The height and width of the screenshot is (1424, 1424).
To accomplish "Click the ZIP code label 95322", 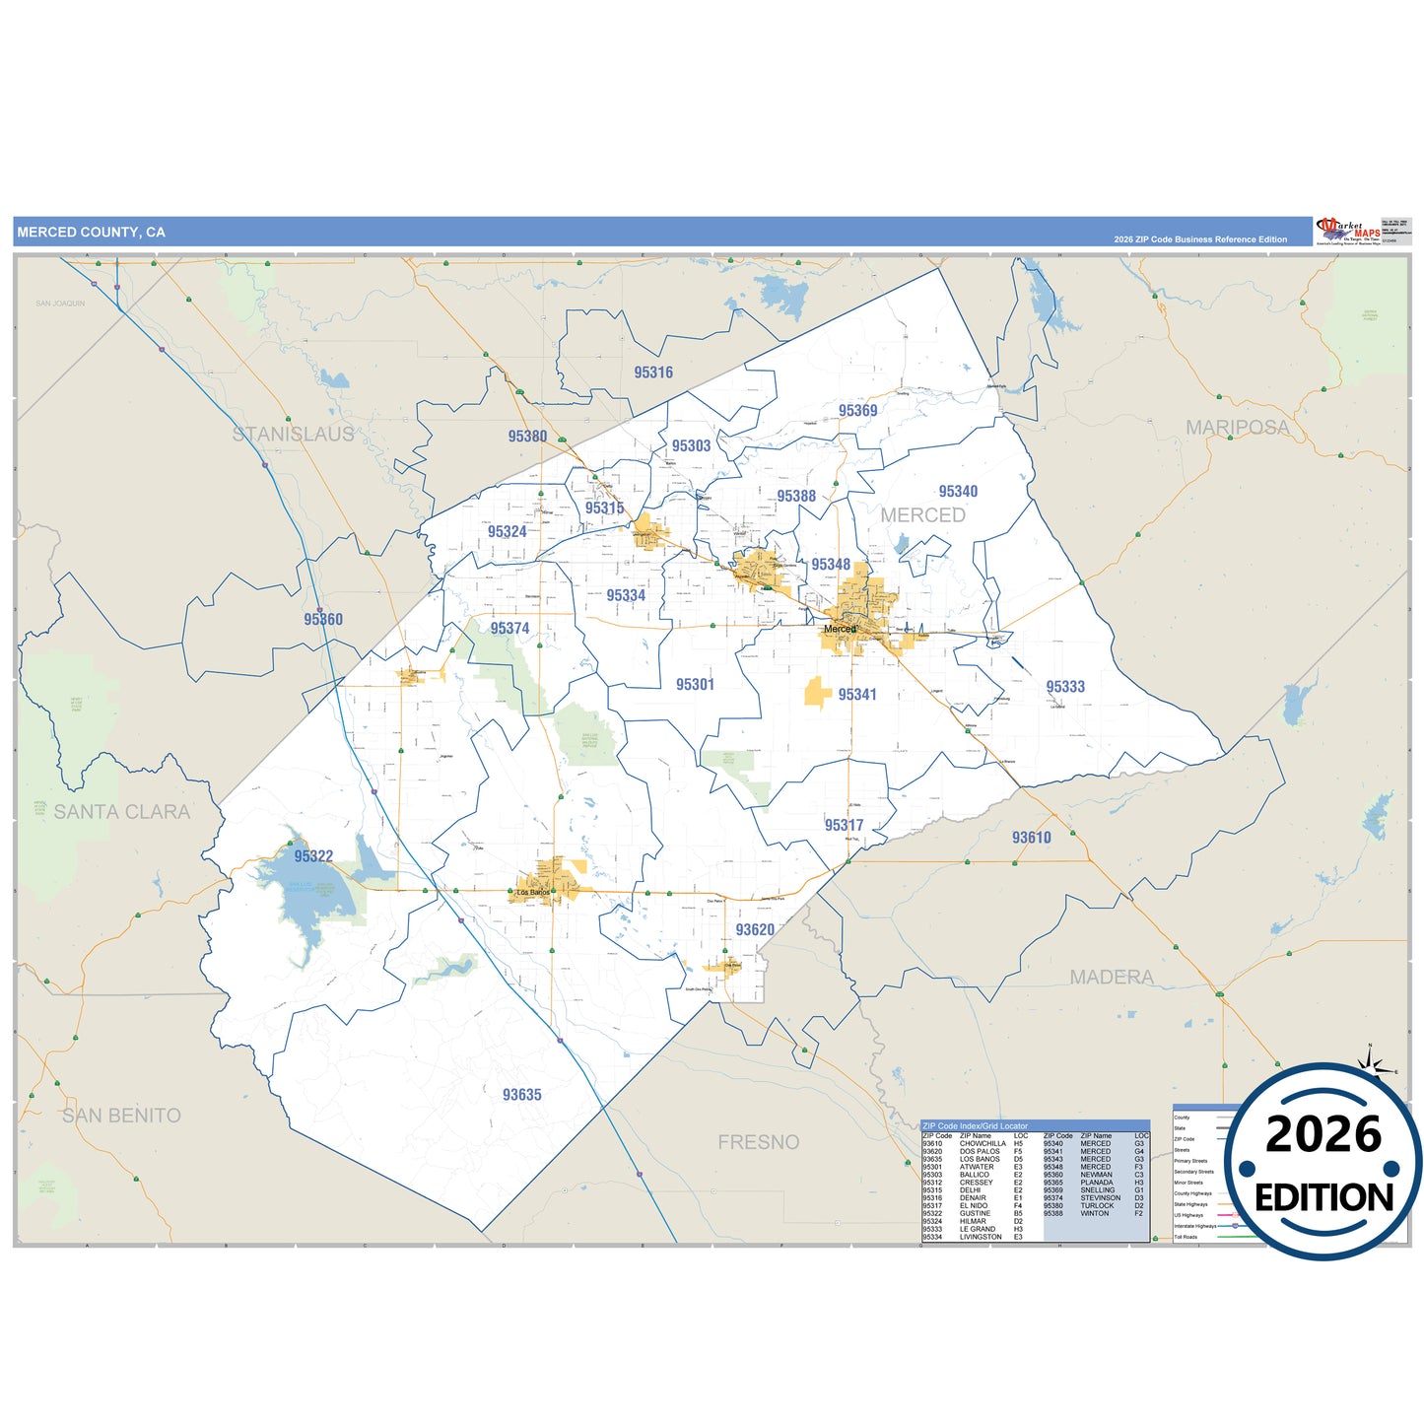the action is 313,856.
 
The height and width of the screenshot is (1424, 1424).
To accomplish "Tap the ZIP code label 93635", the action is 521,1095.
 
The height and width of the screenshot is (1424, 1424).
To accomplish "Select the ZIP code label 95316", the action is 653,373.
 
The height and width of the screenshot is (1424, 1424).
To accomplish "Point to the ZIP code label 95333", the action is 1065,687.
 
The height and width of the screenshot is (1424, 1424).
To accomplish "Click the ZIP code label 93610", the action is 1031,838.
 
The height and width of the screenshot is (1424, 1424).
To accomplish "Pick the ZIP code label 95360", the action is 323,620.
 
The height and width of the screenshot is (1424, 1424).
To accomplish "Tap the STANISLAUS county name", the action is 293,435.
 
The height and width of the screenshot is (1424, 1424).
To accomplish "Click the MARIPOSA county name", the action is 1237,428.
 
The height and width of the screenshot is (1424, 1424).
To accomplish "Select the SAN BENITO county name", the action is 121,1116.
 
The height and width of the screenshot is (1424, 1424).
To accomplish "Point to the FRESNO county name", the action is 758,1142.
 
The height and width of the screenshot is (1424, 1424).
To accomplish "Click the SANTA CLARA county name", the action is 121,812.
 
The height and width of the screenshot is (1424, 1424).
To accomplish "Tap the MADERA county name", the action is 1112,978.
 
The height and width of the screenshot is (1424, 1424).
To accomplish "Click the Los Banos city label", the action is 533,893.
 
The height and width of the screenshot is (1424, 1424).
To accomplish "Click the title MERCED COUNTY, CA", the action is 91,233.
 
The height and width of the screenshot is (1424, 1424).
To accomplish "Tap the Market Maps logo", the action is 1349,231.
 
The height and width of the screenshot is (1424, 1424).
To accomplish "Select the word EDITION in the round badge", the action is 1323,1198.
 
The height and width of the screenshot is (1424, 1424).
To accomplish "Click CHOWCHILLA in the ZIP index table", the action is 983,1144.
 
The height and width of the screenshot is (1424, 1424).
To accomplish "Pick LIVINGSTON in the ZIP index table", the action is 981,1237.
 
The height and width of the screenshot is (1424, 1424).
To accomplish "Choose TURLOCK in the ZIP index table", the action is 1097,1205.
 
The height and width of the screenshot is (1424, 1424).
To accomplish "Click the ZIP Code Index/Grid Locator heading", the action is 975,1125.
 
